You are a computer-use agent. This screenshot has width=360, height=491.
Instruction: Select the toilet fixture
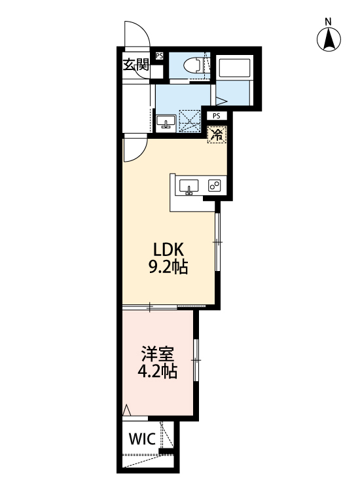coord(194,64)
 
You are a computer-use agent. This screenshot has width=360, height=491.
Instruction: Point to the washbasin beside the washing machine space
coord(166,122)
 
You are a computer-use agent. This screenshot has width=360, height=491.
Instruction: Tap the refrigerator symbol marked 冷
coord(216,135)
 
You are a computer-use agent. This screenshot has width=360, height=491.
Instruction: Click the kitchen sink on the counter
coord(189,186)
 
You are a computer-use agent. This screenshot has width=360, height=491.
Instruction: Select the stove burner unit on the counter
coord(214,185)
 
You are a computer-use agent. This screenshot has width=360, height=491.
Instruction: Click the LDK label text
coord(170,249)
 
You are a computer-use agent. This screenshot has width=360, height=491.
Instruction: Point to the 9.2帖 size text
coord(170,266)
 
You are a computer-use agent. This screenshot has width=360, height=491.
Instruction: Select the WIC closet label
coord(141,439)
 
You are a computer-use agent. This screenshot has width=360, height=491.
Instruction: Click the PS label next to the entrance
coord(160,56)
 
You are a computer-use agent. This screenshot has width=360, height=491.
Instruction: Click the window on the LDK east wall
coord(219,243)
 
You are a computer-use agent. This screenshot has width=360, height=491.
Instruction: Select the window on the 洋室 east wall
coord(196,359)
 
